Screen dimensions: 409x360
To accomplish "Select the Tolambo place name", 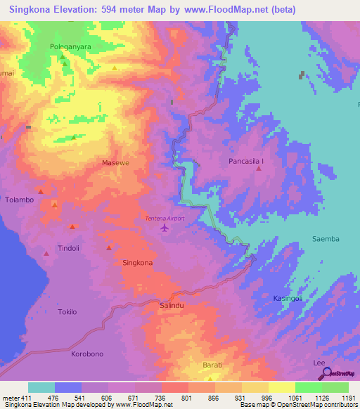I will point(20,200).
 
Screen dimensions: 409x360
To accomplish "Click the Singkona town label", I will point(138,263).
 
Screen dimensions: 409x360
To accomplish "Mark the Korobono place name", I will point(87,354).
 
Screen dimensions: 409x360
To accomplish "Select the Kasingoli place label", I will point(288,299).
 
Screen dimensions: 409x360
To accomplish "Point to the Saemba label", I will point(326,239).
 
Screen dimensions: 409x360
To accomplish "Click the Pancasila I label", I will point(247,162).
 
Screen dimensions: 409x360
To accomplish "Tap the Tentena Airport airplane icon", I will point(165,228).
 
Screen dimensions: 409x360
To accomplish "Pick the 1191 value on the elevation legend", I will point(340,398).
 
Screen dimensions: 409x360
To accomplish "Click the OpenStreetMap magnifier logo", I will point(324,374).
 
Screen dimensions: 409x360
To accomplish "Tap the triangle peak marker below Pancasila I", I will point(258,169).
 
